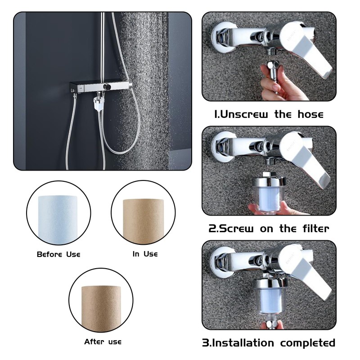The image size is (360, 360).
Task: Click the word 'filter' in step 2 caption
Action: pyautogui.click(x=313, y=228)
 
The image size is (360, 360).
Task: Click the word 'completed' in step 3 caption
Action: pyautogui.click(x=308, y=342)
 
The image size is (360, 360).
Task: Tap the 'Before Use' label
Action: pyautogui.click(x=58, y=254)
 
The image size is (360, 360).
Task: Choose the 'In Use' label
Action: pyautogui.click(x=145, y=254)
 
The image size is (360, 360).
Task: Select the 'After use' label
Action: pyautogui.click(x=103, y=342)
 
